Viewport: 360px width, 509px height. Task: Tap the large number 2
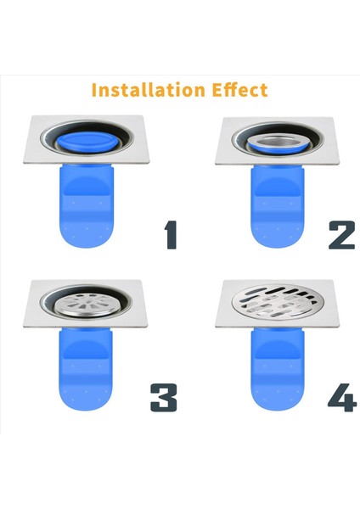coord(341,233)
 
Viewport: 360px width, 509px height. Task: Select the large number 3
coord(165,396)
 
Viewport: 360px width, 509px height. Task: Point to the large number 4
coord(341,396)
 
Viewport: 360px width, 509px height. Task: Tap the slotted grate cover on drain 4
coord(274,301)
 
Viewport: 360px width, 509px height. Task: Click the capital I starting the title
coord(94,89)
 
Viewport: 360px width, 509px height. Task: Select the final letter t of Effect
coord(264,89)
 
